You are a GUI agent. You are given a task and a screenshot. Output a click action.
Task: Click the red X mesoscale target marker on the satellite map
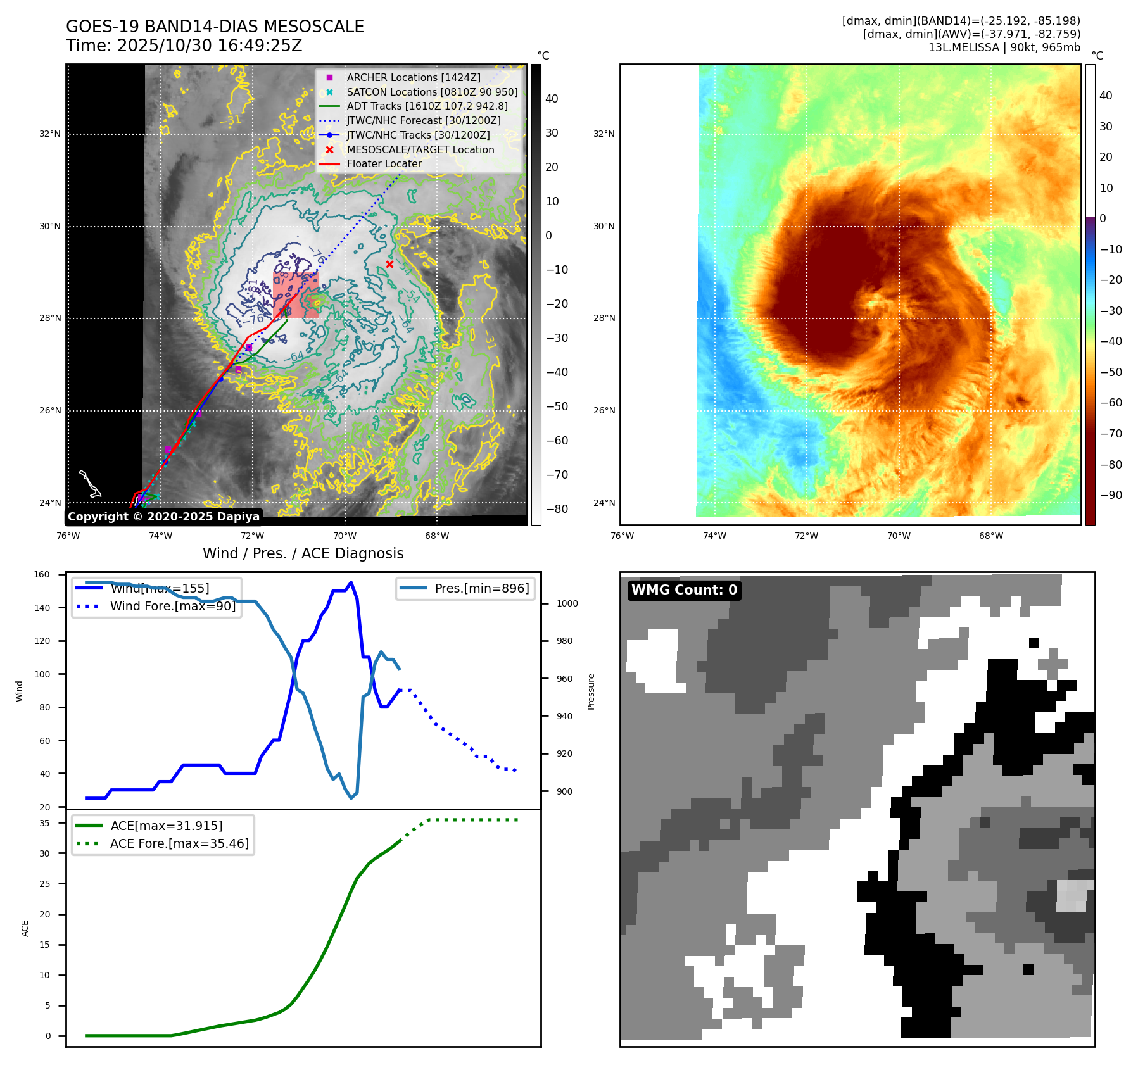pyautogui.click(x=389, y=265)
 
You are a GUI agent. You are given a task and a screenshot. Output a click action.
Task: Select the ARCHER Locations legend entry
pyautogui.click(x=413, y=77)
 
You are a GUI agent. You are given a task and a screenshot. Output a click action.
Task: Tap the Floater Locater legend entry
pyautogui.click(x=384, y=163)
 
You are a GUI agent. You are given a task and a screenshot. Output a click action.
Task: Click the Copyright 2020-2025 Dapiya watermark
pyautogui.click(x=163, y=517)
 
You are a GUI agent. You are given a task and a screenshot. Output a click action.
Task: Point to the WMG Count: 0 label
pyautogui.click(x=684, y=590)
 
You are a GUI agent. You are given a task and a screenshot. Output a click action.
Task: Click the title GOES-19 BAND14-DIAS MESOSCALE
pyautogui.click(x=215, y=27)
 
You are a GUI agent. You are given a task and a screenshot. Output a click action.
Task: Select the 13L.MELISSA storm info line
pyautogui.click(x=1004, y=47)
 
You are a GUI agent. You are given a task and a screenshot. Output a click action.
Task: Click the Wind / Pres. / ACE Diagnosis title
pyautogui.click(x=303, y=553)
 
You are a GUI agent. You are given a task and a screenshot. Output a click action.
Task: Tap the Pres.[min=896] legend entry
pyautogui.click(x=481, y=588)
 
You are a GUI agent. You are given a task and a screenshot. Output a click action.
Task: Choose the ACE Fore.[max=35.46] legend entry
pyautogui.click(x=179, y=843)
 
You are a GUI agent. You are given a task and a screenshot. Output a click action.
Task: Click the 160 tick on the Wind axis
pyautogui.click(x=42, y=575)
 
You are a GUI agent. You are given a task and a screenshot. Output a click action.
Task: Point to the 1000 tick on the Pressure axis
pyautogui.click(x=567, y=604)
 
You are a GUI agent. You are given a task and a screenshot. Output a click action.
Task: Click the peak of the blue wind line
pyautogui.click(x=351, y=582)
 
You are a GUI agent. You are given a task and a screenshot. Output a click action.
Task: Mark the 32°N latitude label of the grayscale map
pyautogui.click(x=50, y=134)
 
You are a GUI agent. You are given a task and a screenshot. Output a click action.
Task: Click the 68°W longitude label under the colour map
pyautogui.click(x=990, y=536)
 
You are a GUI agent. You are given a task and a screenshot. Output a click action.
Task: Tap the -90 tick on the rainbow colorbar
pyautogui.click(x=1111, y=495)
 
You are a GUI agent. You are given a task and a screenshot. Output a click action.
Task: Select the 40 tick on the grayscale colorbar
pyautogui.click(x=552, y=99)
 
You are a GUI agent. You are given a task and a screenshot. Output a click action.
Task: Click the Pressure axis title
pyautogui.click(x=591, y=691)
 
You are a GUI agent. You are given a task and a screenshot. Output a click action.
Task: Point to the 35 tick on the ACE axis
pyautogui.click(x=44, y=823)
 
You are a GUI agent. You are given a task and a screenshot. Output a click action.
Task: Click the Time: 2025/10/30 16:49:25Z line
pyautogui.click(x=184, y=46)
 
